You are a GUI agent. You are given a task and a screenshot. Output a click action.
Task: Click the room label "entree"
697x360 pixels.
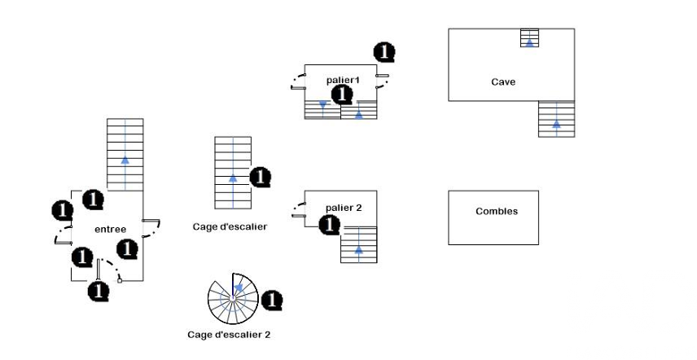click(x=110, y=229)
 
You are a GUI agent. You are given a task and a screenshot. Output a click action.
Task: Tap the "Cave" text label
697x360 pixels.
click(x=503, y=81)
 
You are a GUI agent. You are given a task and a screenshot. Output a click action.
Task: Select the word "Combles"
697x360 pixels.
click(x=497, y=212)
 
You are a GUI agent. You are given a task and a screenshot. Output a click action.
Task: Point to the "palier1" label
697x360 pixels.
click(x=343, y=80)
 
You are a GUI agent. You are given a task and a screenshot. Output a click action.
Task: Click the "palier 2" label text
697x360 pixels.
click(x=343, y=208)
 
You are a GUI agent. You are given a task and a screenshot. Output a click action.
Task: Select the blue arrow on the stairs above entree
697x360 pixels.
click(x=125, y=160)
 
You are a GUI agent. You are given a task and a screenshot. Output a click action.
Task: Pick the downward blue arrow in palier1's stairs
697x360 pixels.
click(x=323, y=105)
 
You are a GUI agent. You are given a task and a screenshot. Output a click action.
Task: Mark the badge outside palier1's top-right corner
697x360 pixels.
click(x=384, y=52)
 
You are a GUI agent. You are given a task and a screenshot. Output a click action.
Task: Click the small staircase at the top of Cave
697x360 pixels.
click(x=529, y=38)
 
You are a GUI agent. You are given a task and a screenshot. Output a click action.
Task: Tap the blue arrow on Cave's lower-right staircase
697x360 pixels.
click(x=556, y=124)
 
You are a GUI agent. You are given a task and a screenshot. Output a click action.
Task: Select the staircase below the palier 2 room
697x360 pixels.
click(x=359, y=244)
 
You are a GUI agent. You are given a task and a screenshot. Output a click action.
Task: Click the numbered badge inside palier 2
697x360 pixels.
click(x=330, y=225)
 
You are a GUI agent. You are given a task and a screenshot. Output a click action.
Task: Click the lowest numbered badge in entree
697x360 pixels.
click(x=99, y=290)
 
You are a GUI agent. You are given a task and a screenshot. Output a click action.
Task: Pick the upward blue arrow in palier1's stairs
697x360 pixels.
click(x=358, y=114)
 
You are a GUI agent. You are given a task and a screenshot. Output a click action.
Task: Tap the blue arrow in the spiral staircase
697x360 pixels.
click(x=238, y=287)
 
